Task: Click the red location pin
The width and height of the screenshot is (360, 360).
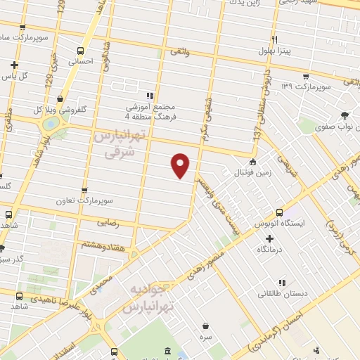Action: coord(181,165)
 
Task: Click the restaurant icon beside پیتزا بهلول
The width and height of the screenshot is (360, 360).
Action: coord(276,39)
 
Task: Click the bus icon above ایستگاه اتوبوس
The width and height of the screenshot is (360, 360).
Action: coord(280,212)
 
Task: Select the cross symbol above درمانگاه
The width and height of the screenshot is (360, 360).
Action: coord(269,238)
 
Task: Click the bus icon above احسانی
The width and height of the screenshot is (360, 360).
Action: coord(81,51)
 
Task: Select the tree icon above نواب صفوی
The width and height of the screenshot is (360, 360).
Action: coord(344,116)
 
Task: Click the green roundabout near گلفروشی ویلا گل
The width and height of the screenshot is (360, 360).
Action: coord(50,124)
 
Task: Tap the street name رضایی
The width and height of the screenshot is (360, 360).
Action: coord(122,223)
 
